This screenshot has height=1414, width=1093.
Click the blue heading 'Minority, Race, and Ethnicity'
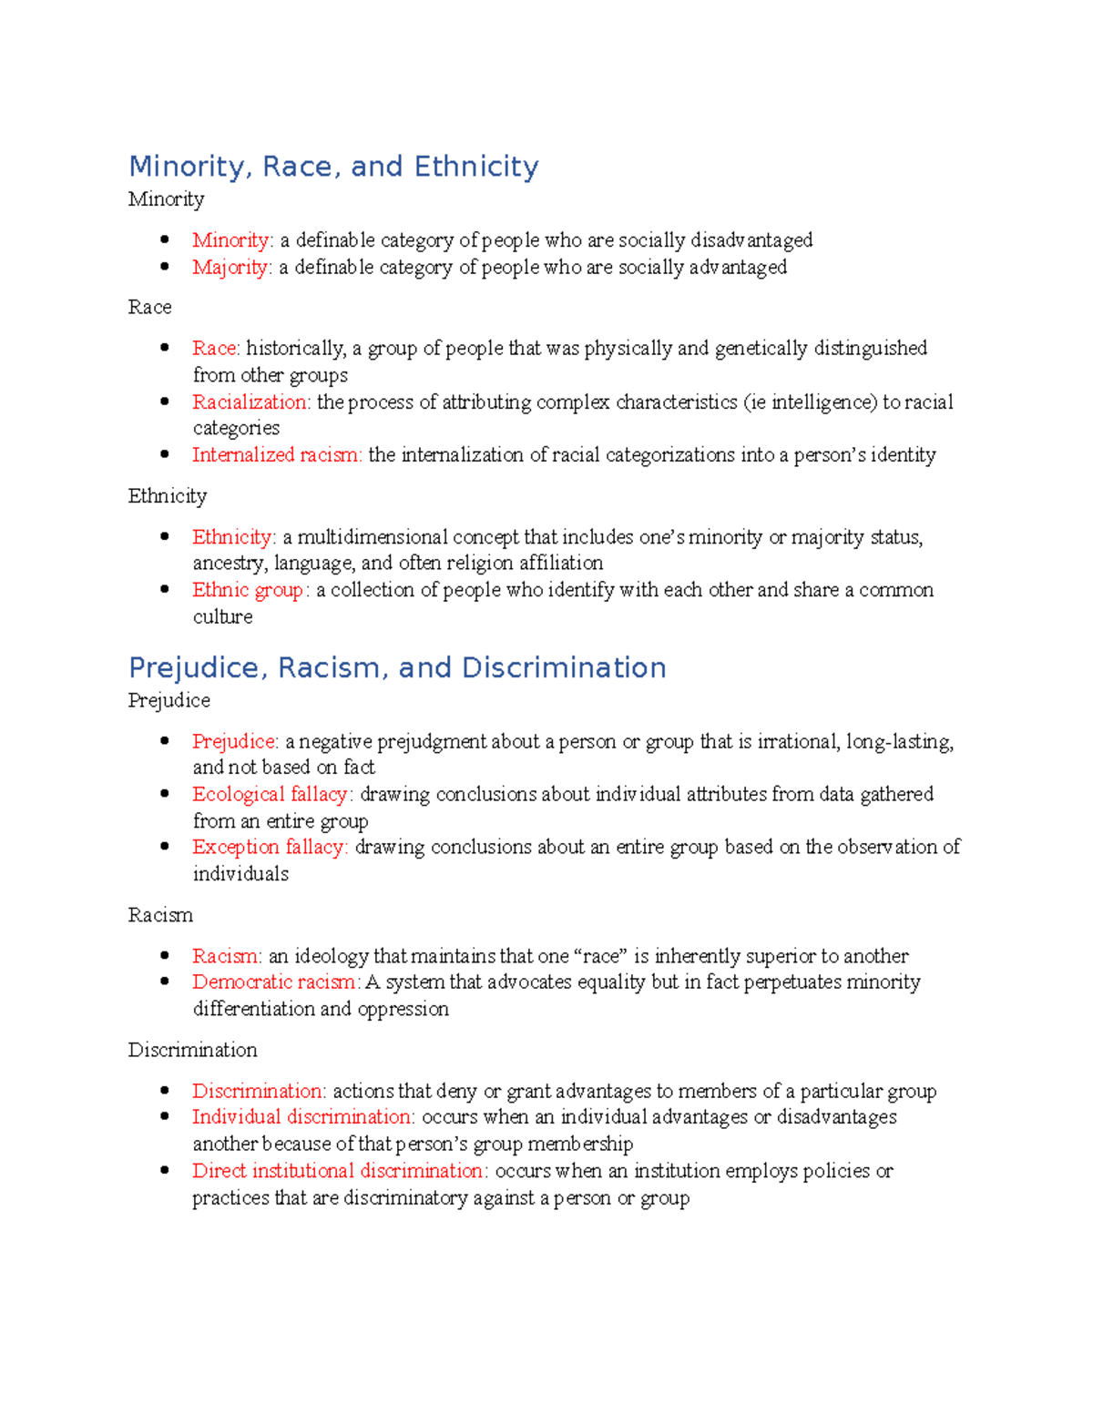pyautogui.click(x=333, y=167)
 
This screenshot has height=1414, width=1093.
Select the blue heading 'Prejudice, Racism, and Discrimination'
pyautogui.click(x=397, y=668)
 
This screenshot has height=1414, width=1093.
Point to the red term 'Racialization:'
pyautogui.click(x=251, y=402)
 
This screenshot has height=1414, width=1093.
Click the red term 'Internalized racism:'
pyautogui.click(x=277, y=455)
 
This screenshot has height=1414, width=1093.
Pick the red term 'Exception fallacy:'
pyautogui.click(x=270, y=848)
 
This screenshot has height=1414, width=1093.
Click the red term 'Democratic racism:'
pyautogui.click(x=276, y=982)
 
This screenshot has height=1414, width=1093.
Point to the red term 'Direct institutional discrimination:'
pyautogui.click(x=340, y=1171)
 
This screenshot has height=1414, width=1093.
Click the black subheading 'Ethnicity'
pyautogui.click(x=168, y=496)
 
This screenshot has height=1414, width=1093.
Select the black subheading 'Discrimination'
pyautogui.click(x=192, y=1051)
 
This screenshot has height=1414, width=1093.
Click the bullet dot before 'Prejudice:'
pyautogui.click(x=165, y=741)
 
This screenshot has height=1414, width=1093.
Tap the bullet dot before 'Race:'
pyautogui.click(x=165, y=348)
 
